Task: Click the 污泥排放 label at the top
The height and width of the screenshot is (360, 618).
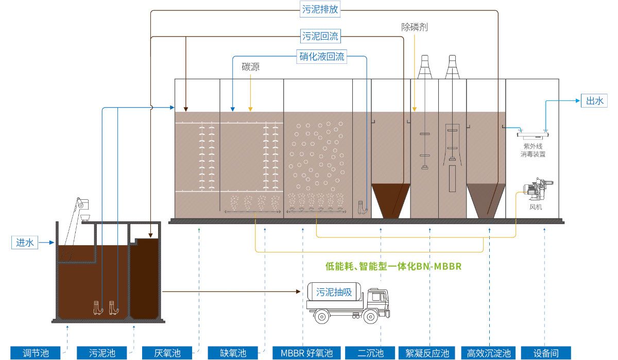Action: pyautogui.click(x=321, y=9)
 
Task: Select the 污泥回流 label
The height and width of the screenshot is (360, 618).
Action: pyautogui.click(x=321, y=36)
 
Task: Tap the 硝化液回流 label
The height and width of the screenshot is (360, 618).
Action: pyautogui.click(x=322, y=56)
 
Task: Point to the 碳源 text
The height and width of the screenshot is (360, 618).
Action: pyautogui.click(x=251, y=67)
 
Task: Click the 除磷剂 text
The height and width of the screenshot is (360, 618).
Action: pyautogui.click(x=414, y=27)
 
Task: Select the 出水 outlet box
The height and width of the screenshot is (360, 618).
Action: pyautogui.click(x=594, y=100)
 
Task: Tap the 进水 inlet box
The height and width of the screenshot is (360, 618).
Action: pyautogui.click(x=25, y=242)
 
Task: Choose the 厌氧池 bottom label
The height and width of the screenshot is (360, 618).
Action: pyautogui.click(x=167, y=353)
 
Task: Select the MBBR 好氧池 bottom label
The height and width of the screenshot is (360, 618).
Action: pyautogui.click(x=306, y=353)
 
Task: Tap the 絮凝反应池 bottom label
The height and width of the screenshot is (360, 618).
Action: pyautogui.click(x=427, y=353)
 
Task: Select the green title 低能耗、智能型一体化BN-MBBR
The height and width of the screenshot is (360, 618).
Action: pyautogui.click(x=393, y=266)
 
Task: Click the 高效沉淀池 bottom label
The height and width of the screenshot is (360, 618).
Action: pyautogui.click(x=489, y=353)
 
